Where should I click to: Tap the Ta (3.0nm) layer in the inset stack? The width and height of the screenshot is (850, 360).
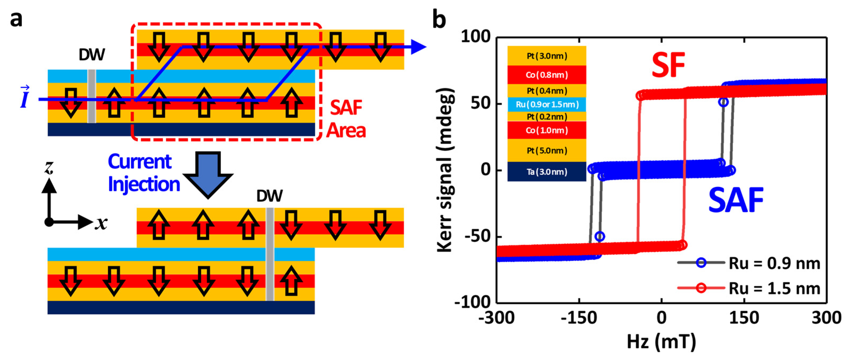(547, 172)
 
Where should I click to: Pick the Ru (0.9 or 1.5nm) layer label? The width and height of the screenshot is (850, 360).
(547, 105)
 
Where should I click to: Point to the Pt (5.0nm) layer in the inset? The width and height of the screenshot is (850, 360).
(547, 151)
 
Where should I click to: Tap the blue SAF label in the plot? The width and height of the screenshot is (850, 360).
(736, 200)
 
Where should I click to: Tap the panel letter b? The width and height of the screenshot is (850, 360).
(439, 20)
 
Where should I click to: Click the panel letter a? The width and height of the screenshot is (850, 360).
(16, 20)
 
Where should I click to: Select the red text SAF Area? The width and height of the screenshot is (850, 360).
(346, 119)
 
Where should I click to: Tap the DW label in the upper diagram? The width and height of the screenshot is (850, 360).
(92, 55)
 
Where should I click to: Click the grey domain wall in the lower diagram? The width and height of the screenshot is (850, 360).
(270, 254)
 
